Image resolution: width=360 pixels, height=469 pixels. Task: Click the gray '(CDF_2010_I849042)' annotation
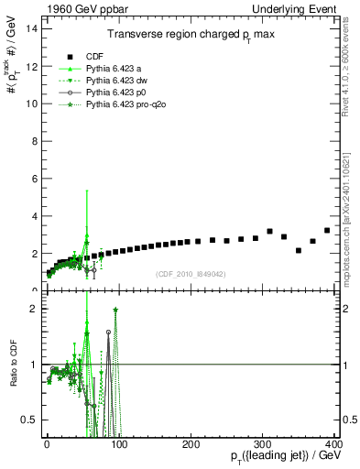coord(191,272)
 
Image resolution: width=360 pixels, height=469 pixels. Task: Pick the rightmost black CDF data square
coord(327,230)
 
